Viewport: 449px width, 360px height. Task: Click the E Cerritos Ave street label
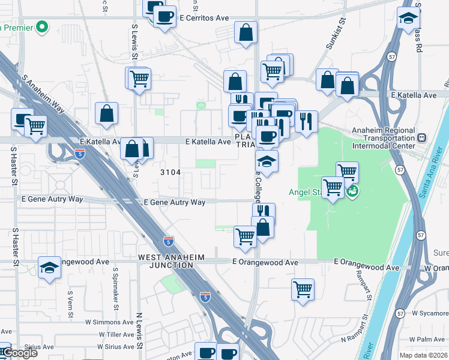pos(205,18)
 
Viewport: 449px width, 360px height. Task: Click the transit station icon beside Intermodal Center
pos(422,138)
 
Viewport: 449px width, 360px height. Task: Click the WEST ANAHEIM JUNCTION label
pos(172,261)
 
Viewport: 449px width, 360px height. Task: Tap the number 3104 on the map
pos(170,172)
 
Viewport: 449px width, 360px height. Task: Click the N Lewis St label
pos(139,331)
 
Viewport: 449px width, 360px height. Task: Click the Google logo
pos(20,353)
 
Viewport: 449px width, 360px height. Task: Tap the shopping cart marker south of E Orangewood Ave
pos(303,289)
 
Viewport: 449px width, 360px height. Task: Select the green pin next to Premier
pos(41,27)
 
